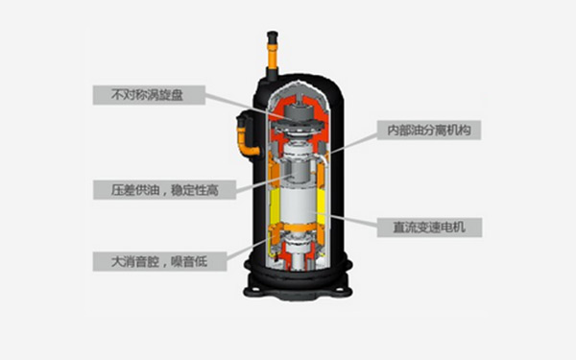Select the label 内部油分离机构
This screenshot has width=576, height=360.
tap(429, 130)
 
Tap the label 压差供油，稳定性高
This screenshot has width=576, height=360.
tap(164, 190)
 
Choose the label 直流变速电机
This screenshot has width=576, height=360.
tap(429, 228)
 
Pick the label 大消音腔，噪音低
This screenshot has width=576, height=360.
tap(159, 261)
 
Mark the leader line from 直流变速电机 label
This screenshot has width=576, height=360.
tap(345, 218)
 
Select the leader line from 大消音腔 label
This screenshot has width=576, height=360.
tap(249, 249)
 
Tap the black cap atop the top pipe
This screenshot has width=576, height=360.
tap(273, 36)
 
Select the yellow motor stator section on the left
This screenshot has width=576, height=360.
tap(275, 206)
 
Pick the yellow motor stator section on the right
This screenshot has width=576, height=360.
tap(321, 206)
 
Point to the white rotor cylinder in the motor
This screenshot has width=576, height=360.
tap(298, 204)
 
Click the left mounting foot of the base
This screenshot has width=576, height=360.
tap(254, 290)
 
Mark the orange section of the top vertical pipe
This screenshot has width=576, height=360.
tap(273, 55)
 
